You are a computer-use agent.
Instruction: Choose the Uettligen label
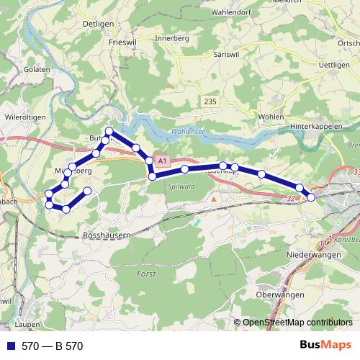tap(334, 65)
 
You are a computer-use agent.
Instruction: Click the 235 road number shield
tap(210, 102)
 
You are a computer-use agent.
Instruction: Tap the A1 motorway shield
tap(161, 160)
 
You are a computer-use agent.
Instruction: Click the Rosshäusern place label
tap(107, 235)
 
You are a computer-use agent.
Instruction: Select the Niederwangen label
tap(313, 254)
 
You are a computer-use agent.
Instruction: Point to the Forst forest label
tap(145, 274)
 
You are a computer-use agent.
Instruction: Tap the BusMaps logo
tap(325, 345)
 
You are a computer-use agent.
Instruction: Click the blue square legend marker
tap(9, 346)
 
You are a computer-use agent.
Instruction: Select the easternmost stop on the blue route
tap(311, 197)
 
